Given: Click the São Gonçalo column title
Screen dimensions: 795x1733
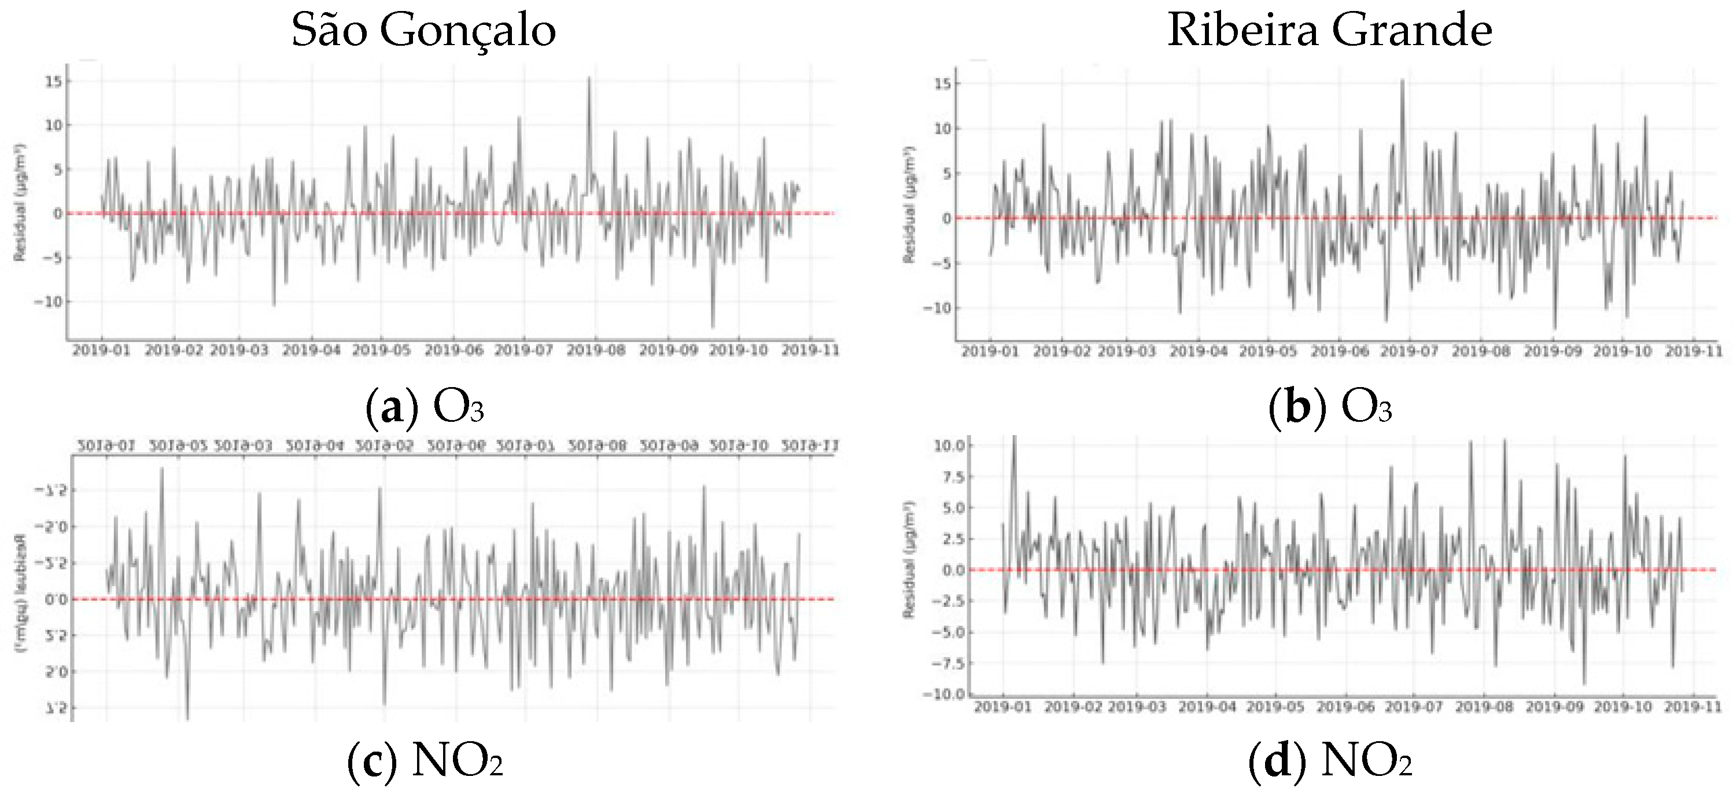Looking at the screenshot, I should [x=423, y=30].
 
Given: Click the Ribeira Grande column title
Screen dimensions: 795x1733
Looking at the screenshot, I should [x=1329, y=30].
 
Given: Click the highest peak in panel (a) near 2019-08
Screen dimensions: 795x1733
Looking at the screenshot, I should [x=589, y=78].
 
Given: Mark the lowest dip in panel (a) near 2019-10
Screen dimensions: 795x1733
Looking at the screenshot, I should [x=713, y=326].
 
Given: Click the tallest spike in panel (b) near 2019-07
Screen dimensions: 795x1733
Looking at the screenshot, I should [x=1403, y=81].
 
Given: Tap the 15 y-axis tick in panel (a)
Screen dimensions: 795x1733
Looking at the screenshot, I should [x=53, y=82].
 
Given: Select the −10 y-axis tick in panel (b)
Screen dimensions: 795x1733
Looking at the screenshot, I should [x=941, y=308].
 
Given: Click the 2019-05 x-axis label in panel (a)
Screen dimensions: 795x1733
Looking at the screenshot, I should [x=381, y=351].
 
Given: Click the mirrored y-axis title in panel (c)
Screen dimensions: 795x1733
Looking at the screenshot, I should [x=20, y=592].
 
